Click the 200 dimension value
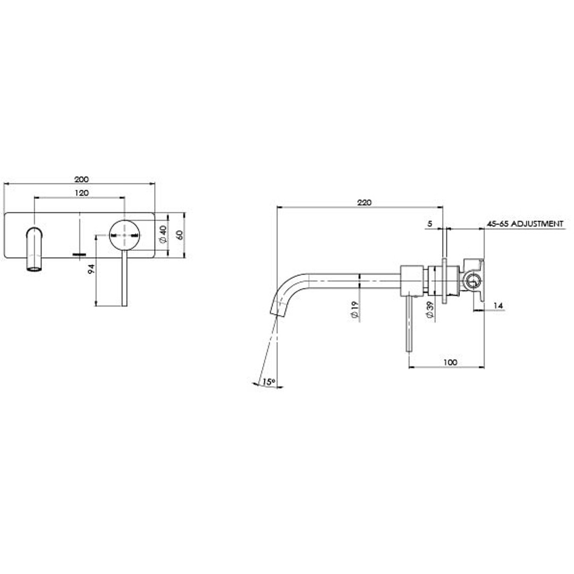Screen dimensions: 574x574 pyautogui.click(x=81, y=179)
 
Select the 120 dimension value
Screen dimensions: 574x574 pyautogui.click(x=81, y=193)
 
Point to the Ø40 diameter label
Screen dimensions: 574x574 pyautogui.click(x=163, y=234)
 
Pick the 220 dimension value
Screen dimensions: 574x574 pyautogui.click(x=364, y=202)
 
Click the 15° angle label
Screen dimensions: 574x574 pyautogui.click(x=268, y=382)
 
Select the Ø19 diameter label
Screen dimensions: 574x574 pyautogui.click(x=354, y=310)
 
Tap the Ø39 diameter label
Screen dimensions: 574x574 pyautogui.click(x=430, y=310)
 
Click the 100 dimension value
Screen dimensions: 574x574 pyautogui.click(x=450, y=362)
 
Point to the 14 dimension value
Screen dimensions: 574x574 pyautogui.click(x=497, y=306)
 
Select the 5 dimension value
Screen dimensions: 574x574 pyautogui.click(x=429, y=224)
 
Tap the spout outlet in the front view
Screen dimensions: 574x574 pyautogui.click(x=34, y=267)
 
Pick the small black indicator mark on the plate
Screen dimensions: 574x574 pyautogui.click(x=79, y=255)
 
